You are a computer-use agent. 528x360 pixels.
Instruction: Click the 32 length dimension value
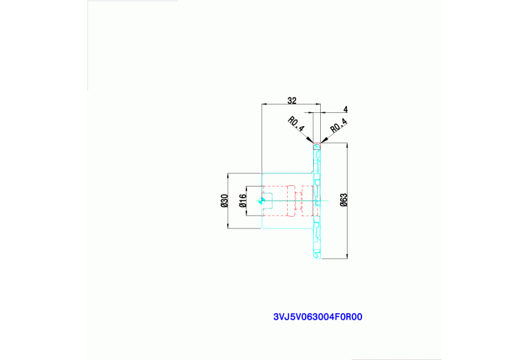click(292, 100)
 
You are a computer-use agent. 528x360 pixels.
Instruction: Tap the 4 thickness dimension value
click(345, 109)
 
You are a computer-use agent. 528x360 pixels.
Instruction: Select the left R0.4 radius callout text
click(296, 125)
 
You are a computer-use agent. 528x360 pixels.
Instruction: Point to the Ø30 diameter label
click(224, 201)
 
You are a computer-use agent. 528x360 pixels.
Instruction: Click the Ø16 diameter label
click(242, 201)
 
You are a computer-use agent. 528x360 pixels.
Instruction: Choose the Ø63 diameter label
click(344, 200)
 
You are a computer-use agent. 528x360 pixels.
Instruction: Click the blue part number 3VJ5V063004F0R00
click(317, 317)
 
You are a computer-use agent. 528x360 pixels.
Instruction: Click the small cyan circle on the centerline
click(262, 201)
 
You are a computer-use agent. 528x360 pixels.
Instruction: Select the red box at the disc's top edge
click(317, 146)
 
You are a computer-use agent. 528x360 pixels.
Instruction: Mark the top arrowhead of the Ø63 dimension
click(347, 145)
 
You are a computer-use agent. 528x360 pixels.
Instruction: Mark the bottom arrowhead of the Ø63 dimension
click(347, 256)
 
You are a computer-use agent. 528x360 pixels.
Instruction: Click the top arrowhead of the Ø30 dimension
click(228, 176)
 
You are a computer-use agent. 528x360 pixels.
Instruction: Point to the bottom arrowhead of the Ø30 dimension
click(228, 226)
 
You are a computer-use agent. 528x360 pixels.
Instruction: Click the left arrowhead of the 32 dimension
click(264, 104)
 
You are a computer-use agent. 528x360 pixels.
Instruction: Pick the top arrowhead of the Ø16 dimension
click(246, 188)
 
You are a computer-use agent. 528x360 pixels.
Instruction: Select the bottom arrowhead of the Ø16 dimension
click(246, 213)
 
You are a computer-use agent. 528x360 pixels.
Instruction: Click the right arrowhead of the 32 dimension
click(318, 104)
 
